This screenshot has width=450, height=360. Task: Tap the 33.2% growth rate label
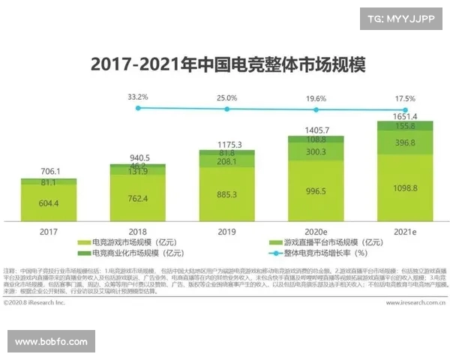pyautogui.click(x=137, y=97)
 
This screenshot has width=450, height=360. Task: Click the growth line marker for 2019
pyautogui.click(x=227, y=108)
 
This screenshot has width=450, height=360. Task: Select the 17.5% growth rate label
pyautogui.click(x=406, y=98)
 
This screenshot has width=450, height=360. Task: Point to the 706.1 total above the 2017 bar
pyautogui.click(x=49, y=172)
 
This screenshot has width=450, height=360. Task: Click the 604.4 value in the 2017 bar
pyautogui.click(x=49, y=203)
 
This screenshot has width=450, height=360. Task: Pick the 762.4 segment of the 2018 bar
pyautogui.click(x=137, y=198)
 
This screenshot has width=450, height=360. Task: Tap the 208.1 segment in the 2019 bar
pyautogui.click(x=227, y=161)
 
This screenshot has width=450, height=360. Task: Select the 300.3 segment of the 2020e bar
pyautogui.click(x=316, y=151)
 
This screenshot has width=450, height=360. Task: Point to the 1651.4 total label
pyautogui.click(x=406, y=116)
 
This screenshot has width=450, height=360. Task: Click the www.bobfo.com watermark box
pyautogui.click(x=51, y=341)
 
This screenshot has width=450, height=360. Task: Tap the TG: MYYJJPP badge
pyautogui.click(x=402, y=17)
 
